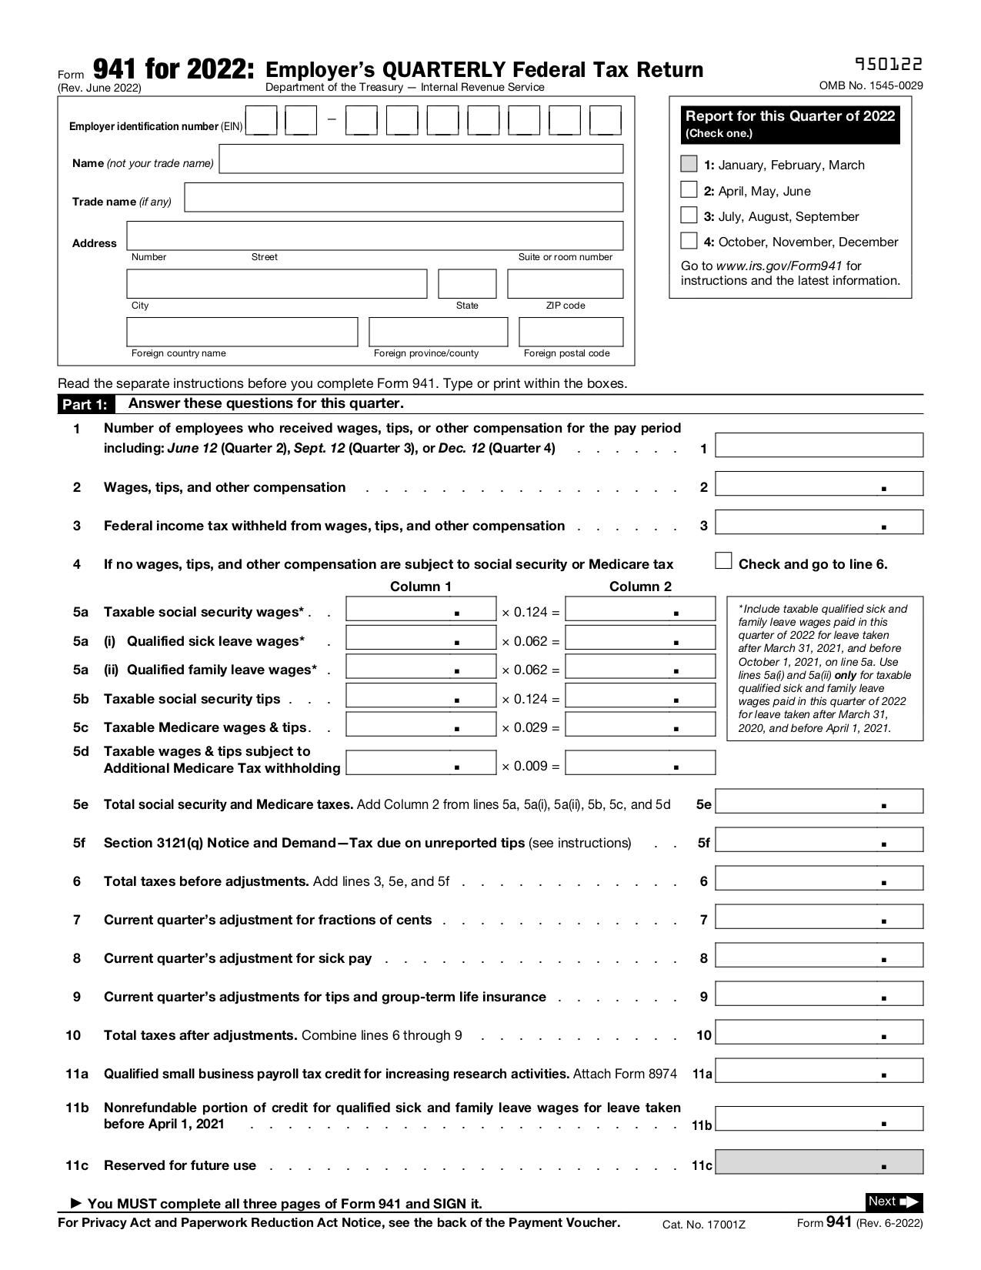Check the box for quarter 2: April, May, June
(689, 190)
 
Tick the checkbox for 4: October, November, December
(689, 241)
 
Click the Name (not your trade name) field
(421, 159)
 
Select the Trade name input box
(403, 197)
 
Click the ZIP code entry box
(565, 283)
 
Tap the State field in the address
(467, 283)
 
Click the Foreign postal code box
(571, 332)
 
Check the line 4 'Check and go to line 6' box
(723, 561)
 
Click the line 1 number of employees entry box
(819, 445)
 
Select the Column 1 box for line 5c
(421, 724)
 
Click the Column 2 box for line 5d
(639, 763)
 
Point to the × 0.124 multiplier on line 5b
(530, 699)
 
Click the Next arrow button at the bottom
(893, 1201)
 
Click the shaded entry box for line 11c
(819, 1161)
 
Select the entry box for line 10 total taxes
(819, 1032)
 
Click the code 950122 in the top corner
(889, 65)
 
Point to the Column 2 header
(640, 587)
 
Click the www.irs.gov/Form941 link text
(779, 266)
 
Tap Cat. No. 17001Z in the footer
(703, 1225)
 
